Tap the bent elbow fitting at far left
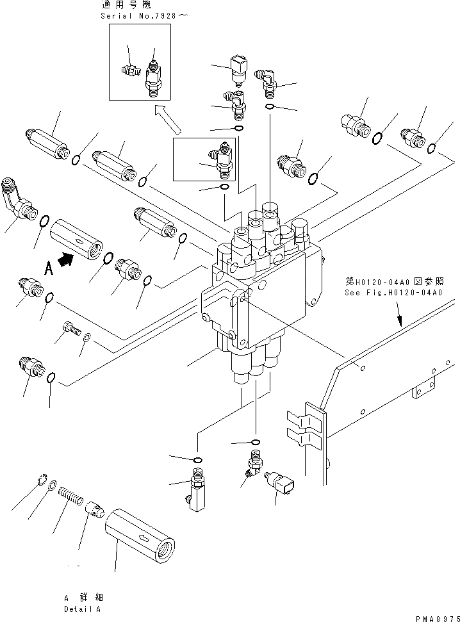pos(18,198)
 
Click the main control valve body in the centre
pos(256,295)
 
